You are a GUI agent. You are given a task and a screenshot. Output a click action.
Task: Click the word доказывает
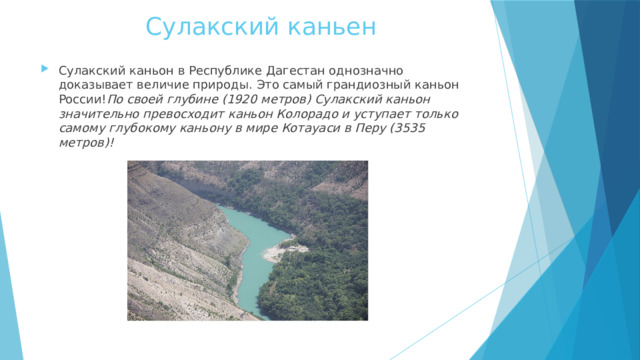click(x=96, y=86)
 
